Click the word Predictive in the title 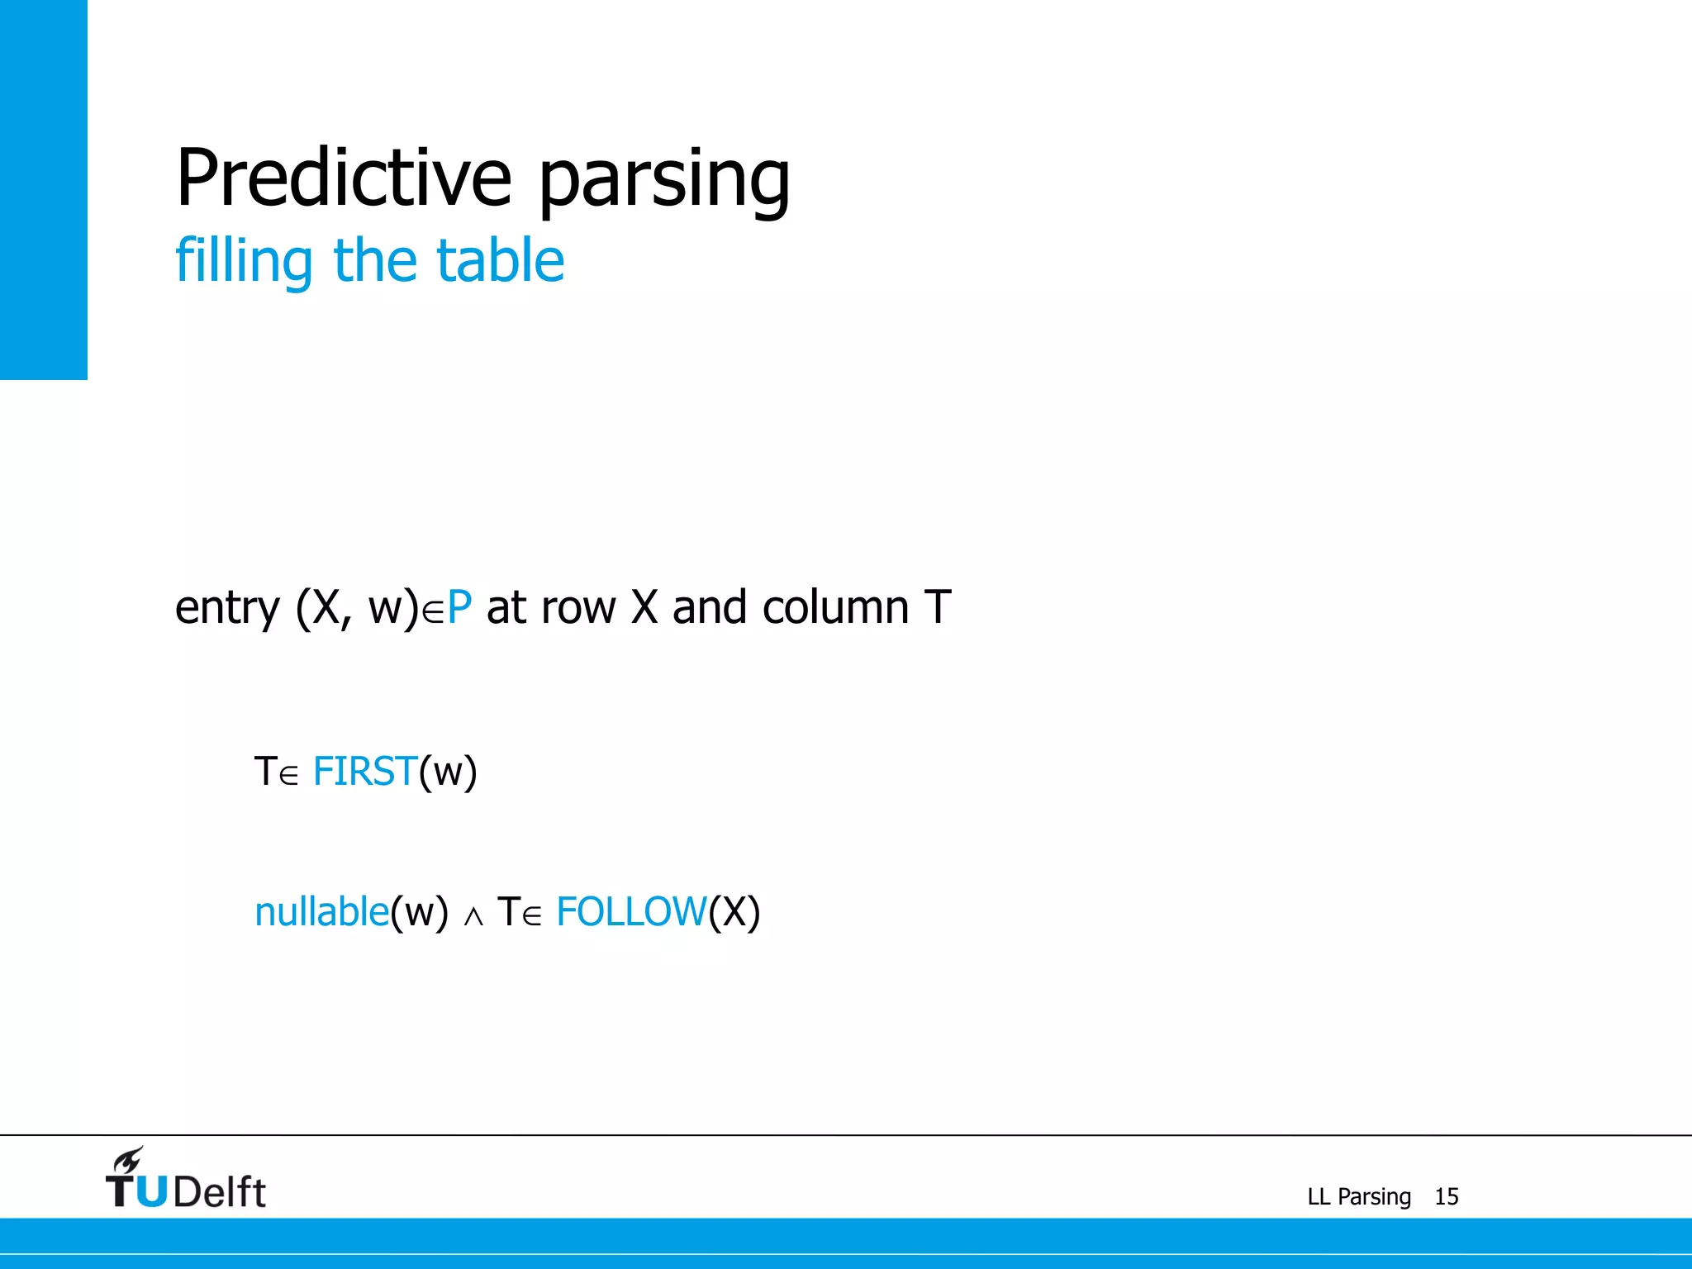coord(344,178)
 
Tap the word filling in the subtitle coord(244,260)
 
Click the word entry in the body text coord(227,609)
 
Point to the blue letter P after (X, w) coord(459,607)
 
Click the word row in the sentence coord(583,609)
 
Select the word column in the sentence coord(835,607)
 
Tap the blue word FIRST coord(364,772)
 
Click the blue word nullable coord(321,912)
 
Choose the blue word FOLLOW coord(631,912)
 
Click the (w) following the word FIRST coord(448,772)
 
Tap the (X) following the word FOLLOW coord(734,912)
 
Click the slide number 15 coord(1446,1196)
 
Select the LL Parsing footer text coord(1358,1196)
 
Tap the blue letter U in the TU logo coord(152,1191)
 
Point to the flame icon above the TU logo coord(129,1159)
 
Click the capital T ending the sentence coord(938,607)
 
